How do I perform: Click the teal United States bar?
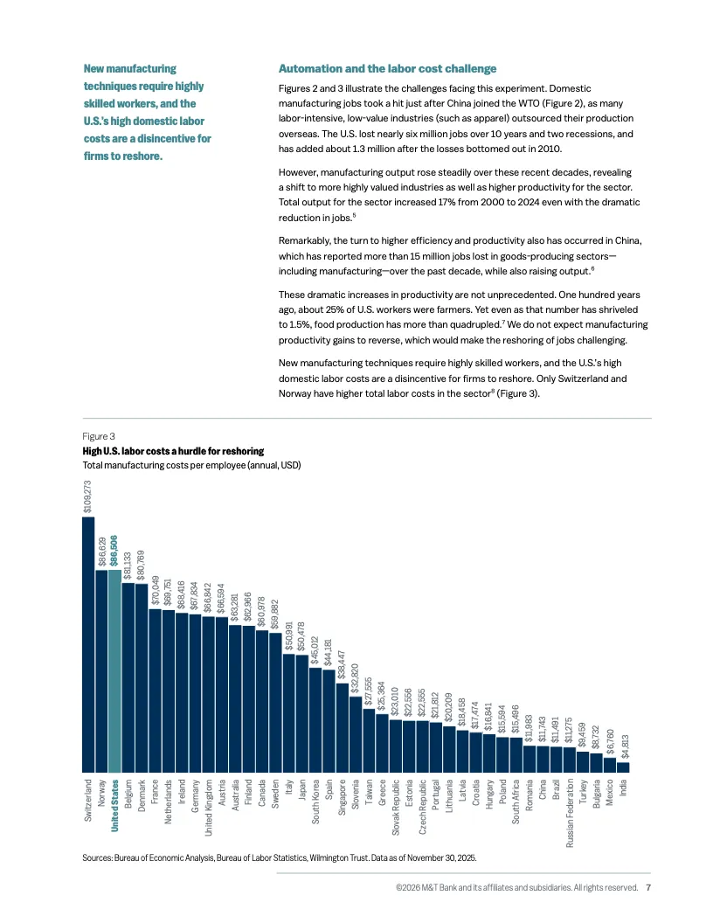114,670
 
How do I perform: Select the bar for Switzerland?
87,643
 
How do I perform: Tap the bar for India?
622,767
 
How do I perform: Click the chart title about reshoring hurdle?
173,451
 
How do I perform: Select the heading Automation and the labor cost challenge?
387,68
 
